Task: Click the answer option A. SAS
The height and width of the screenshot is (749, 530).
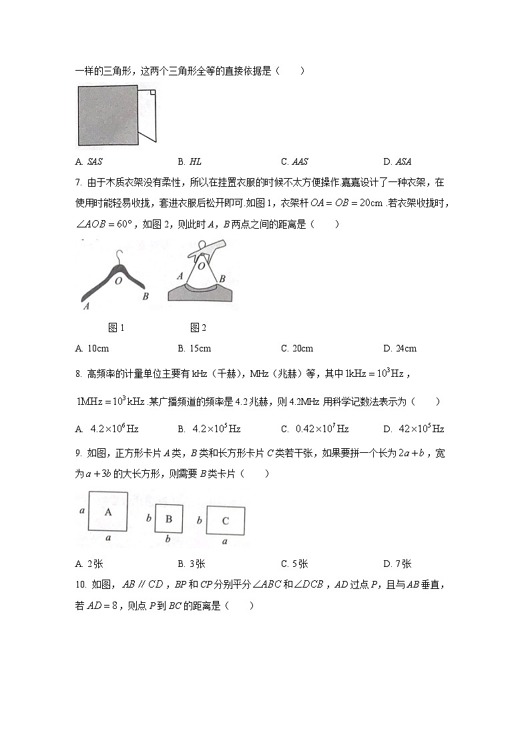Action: point(89,161)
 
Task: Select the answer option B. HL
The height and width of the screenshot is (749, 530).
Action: point(190,161)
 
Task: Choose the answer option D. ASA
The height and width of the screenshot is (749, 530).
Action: point(396,161)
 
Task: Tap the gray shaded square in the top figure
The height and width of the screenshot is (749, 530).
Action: point(107,115)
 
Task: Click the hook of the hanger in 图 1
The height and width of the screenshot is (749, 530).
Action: point(119,256)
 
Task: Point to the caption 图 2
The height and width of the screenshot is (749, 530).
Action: point(198,327)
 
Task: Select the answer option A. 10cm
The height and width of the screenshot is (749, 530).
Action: point(93,348)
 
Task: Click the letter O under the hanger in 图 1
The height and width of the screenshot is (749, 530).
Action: point(118,281)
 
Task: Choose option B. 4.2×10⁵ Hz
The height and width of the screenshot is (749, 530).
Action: point(209,429)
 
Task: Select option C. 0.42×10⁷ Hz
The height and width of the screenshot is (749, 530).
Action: point(314,429)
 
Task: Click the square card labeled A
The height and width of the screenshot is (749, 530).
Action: point(108,512)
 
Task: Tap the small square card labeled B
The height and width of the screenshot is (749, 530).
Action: point(169,519)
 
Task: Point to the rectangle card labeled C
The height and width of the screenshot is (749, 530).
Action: point(225,520)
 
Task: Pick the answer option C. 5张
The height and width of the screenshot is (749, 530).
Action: point(294,564)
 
